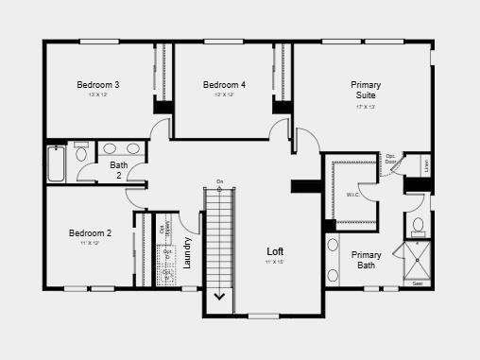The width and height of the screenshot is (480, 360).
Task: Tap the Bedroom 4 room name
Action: point(224,85)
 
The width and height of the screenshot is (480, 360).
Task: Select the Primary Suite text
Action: point(366,90)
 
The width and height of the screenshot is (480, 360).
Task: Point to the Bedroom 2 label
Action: point(90,233)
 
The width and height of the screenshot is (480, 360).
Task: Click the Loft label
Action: point(275,250)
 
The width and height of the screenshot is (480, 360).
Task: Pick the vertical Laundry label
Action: point(188,252)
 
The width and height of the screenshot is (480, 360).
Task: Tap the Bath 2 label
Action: point(119,170)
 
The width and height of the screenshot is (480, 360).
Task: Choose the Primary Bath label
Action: point(367,260)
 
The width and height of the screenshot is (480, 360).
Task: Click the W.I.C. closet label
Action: point(353,196)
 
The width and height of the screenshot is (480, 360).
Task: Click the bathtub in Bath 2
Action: point(55,163)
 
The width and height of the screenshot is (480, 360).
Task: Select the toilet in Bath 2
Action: point(81,154)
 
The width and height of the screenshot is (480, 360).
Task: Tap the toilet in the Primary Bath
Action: point(418,226)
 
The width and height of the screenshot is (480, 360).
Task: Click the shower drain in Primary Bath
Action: point(418,259)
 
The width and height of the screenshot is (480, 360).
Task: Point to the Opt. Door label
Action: point(390,158)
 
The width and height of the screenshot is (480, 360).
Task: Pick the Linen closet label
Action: point(426,165)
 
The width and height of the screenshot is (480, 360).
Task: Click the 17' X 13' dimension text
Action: point(366,107)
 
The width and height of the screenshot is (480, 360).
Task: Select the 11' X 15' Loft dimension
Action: point(275,262)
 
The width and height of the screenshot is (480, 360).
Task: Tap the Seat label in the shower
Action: point(418,282)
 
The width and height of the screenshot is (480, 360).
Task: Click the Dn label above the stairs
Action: point(219,181)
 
